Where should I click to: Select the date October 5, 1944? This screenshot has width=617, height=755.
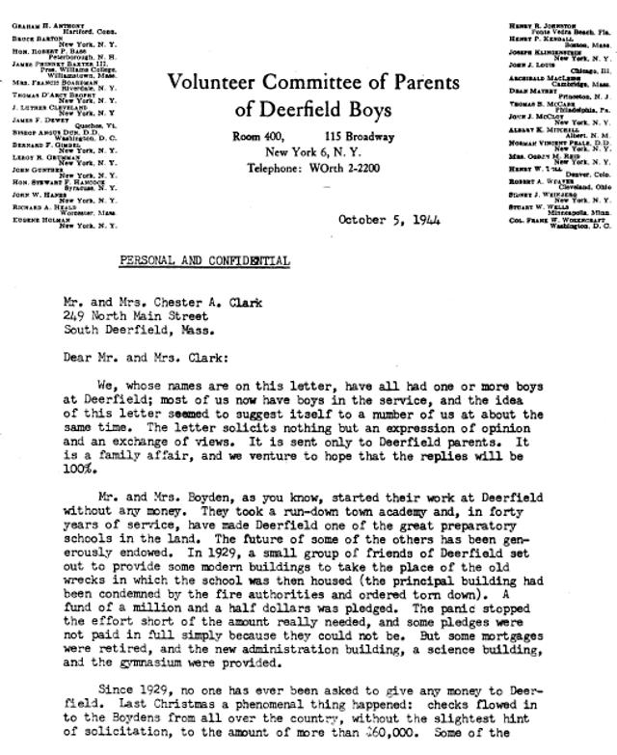(389, 220)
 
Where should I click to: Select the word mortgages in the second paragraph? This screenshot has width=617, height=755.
(523, 631)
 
